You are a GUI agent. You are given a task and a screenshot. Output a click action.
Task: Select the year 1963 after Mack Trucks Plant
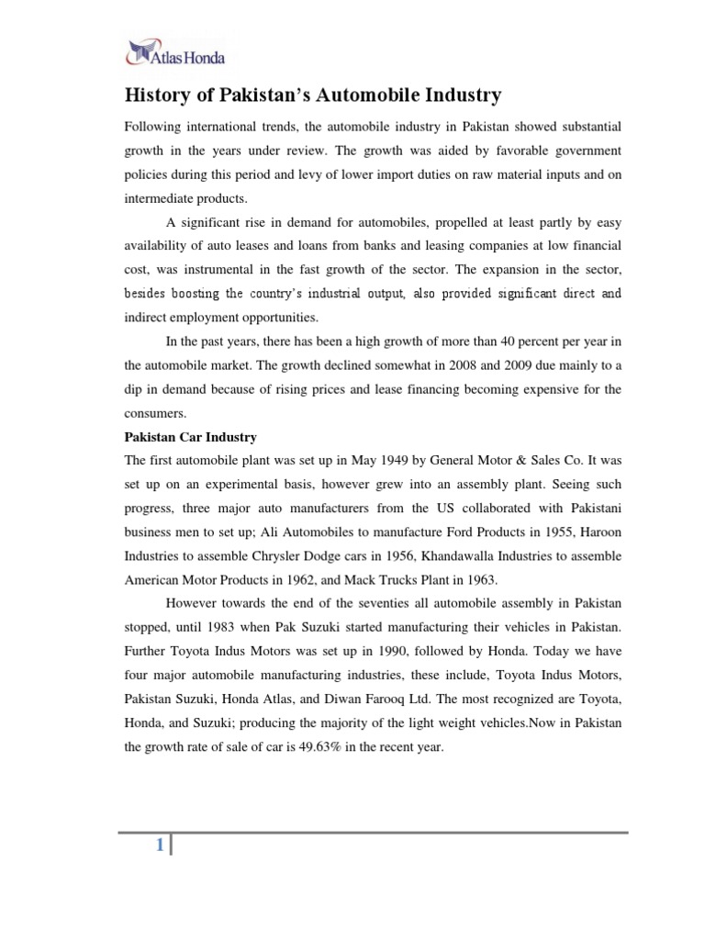tap(480, 579)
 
